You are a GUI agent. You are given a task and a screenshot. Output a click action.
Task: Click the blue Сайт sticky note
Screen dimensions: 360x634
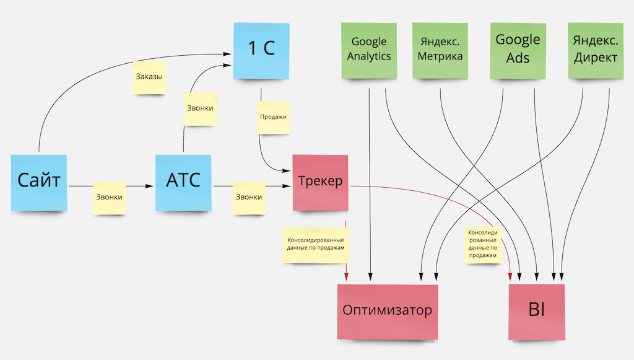pos(40,182)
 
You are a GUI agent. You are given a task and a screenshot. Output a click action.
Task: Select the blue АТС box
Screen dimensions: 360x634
pos(184,181)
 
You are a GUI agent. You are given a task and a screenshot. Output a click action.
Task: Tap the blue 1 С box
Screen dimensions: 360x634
pos(261,50)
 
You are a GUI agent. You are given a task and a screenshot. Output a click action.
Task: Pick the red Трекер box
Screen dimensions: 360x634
pos(320,183)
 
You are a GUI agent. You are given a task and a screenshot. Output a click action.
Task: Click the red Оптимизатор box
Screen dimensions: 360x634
pos(387,311)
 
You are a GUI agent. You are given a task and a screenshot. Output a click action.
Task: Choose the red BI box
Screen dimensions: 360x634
pos(536,312)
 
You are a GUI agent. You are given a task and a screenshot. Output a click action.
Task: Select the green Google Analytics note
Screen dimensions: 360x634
pos(369,50)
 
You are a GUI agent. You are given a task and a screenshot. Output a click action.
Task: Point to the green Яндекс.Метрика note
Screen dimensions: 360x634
pos(440,50)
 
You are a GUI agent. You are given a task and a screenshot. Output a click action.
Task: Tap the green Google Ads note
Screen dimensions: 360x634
pos(518,50)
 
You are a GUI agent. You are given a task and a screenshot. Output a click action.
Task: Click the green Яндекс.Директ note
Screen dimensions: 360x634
pos(595,50)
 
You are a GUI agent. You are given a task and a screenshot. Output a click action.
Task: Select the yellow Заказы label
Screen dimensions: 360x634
pos(149,77)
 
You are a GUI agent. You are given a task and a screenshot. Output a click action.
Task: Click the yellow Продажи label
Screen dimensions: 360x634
pos(273,116)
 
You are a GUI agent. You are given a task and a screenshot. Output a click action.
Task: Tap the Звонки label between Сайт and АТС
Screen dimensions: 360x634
pos(110,197)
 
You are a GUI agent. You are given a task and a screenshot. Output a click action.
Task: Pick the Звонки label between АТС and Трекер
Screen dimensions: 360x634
pos(249,197)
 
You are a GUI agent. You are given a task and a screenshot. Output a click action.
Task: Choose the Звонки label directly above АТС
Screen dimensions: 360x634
pos(200,108)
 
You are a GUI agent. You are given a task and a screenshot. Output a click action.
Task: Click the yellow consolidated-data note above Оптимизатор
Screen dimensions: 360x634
pos(315,242)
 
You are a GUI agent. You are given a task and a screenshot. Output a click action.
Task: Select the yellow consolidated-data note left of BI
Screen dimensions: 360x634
pos(483,244)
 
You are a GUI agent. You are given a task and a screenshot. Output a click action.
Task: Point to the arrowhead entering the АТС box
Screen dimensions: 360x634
pos(152,185)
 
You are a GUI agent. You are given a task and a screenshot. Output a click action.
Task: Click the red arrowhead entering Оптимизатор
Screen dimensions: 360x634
pos(345,277)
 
